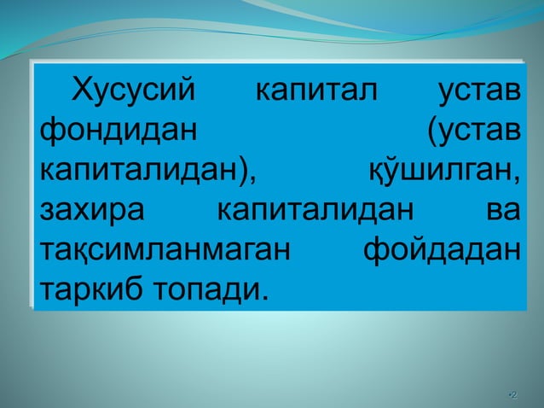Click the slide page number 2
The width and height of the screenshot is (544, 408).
click(x=512, y=394)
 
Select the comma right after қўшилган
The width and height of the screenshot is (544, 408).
click(x=518, y=181)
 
